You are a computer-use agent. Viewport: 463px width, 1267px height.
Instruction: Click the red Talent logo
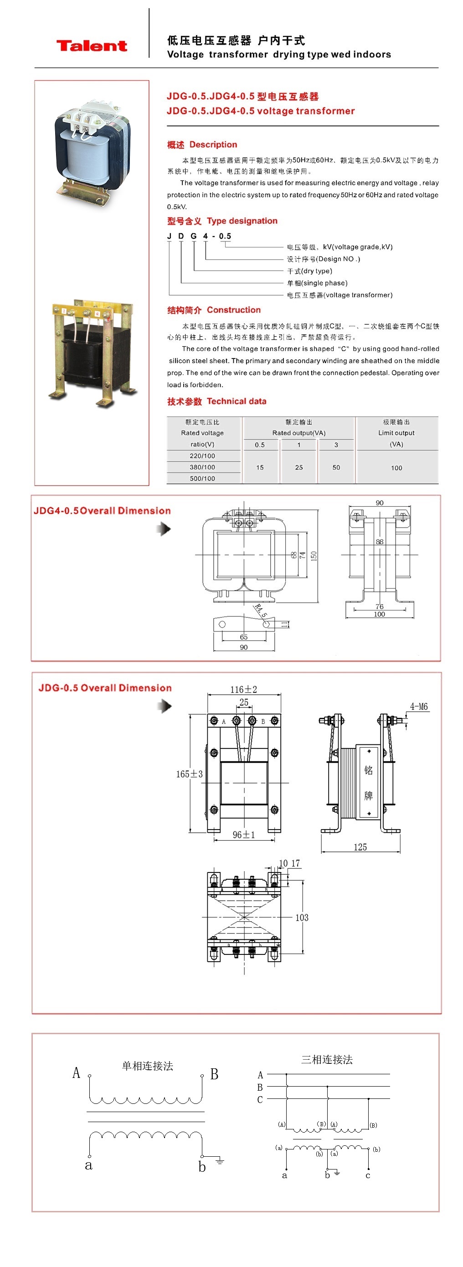point(92,46)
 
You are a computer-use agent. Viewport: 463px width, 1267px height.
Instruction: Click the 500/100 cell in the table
point(202,478)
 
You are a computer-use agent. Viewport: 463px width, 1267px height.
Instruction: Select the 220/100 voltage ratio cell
point(202,456)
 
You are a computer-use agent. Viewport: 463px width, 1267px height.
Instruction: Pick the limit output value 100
point(396,468)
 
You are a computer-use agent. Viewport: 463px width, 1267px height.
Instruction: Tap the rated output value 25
point(298,467)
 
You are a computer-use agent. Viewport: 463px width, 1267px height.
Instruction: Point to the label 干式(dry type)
point(309,271)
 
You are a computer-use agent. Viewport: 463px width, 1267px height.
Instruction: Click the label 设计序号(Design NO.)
point(323,259)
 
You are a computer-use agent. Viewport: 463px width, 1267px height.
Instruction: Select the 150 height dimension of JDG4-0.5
point(314,556)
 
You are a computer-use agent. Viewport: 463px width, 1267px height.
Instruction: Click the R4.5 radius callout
point(261,611)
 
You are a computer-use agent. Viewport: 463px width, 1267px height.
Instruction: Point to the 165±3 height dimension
point(190,774)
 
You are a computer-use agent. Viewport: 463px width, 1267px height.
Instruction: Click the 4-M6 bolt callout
point(419,707)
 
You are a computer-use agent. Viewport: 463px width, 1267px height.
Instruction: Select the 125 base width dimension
point(360,847)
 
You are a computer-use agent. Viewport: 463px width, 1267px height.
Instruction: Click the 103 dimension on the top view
point(302,917)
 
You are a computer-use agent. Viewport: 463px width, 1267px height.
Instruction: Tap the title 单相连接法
point(148,1066)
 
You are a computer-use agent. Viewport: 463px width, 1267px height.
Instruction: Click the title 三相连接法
point(327,1059)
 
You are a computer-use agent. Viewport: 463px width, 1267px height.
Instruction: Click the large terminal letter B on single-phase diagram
point(214,1074)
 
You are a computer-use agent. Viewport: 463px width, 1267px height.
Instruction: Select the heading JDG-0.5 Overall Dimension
point(105,687)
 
